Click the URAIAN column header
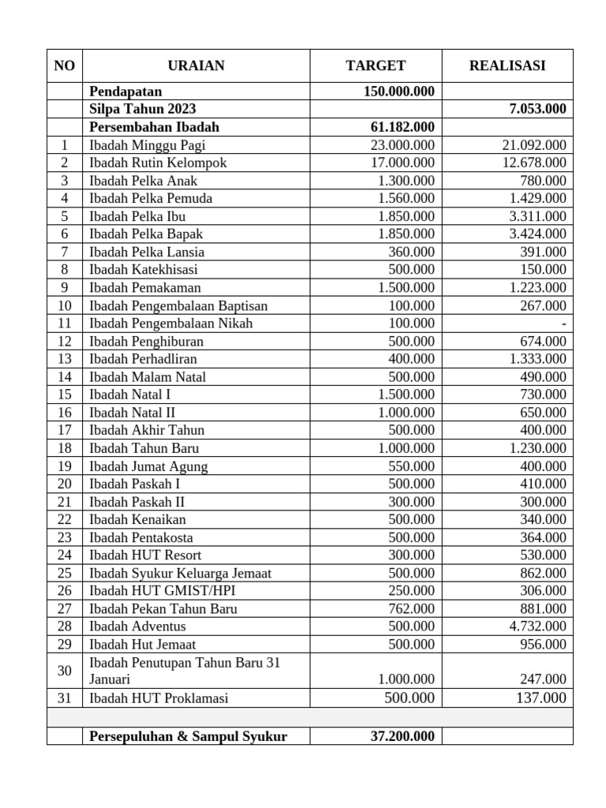pos(196,65)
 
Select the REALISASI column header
pos(507,65)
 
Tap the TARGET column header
pos(376,65)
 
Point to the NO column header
pos(64,65)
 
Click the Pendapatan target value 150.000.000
pos(398,92)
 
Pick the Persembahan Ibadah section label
pos(154,127)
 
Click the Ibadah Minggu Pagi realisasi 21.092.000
pos(534,145)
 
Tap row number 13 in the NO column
pos(64,359)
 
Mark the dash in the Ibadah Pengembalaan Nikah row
pos(563,324)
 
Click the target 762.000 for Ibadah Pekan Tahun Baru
pos(411,608)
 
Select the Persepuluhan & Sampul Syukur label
pos(188,736)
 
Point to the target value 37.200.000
pos(402,736)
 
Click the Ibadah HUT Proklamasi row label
pos(159,698)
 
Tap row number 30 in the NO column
pos(64,671)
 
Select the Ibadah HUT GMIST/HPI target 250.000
pos(411,590)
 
